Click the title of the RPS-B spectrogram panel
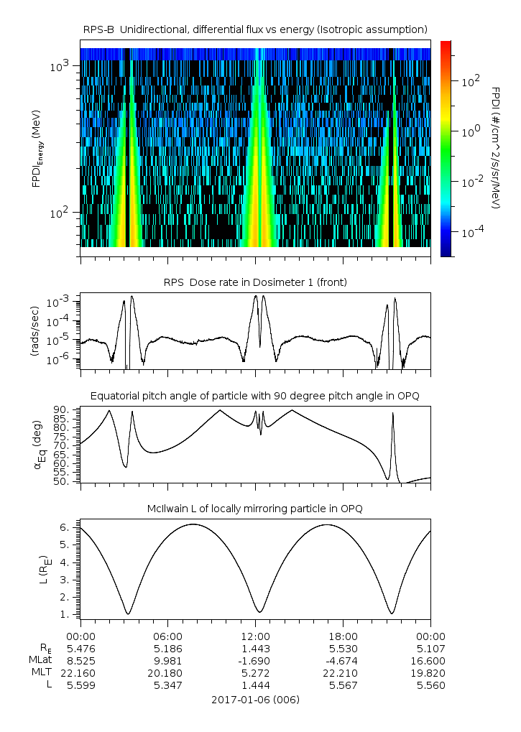[x=255, y=29]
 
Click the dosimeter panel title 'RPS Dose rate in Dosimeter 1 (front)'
[x=255, y=282]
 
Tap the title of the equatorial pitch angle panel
[x=255, y=396]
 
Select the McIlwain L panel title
[x=255, y=509]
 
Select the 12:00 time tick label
[x=255, y=636]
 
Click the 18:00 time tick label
[x=343, y=636]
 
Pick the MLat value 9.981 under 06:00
[x=167, y=660]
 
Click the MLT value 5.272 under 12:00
[x=255, y=672]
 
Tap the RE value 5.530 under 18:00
[x=343, y=648]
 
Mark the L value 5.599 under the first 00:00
[x=80, y=685]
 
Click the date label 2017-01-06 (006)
[x=255, y=699]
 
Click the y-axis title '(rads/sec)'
[x=35, y=331]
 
